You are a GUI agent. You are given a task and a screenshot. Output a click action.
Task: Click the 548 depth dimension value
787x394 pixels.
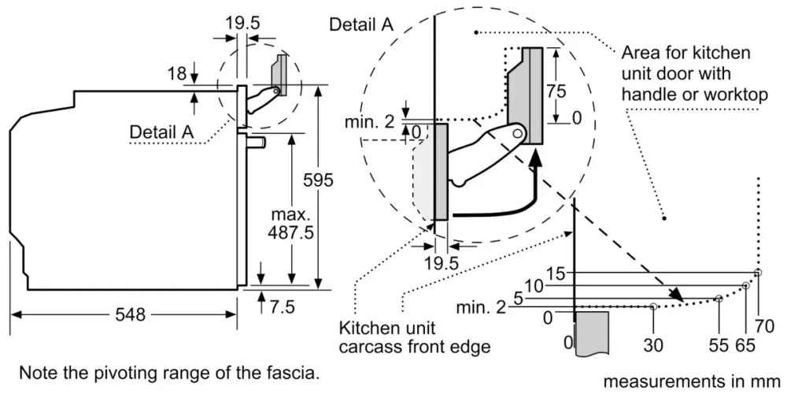coord(130,315)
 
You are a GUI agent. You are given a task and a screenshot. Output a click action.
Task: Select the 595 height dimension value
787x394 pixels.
coord(318,180)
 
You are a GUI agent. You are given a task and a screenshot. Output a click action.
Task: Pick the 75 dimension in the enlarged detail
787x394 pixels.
coord(556,90)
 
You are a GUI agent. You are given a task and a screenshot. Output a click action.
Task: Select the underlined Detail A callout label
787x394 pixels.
coord(161,132)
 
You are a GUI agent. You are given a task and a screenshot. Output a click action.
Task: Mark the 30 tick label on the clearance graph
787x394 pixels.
coord(653,344)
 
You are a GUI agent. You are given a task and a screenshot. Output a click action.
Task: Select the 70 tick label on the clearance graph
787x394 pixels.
coord(764,325)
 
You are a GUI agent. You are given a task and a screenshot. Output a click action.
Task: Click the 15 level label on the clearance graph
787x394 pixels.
coord(556,273)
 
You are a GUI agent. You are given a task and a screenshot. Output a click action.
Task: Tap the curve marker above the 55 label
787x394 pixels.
coord(719,299)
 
